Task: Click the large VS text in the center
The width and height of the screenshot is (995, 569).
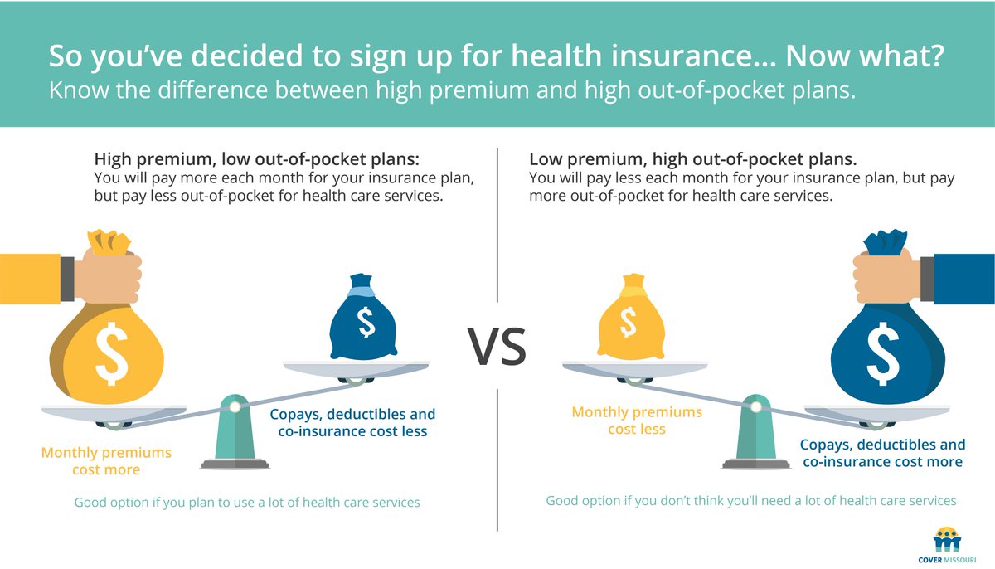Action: point(497,346)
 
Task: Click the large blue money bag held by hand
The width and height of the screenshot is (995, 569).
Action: point(886,348)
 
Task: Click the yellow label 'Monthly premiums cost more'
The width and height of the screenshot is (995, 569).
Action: point(106,461)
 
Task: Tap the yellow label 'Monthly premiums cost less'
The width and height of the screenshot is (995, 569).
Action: point(637,421)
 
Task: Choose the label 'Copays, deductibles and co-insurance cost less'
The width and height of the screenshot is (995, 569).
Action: point(352,422)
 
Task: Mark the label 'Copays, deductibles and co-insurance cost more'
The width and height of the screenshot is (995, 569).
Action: point(882,453)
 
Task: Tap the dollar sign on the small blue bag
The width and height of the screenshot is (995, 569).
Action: point(366,323)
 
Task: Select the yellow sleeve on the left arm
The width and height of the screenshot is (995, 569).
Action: point(30,277)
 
